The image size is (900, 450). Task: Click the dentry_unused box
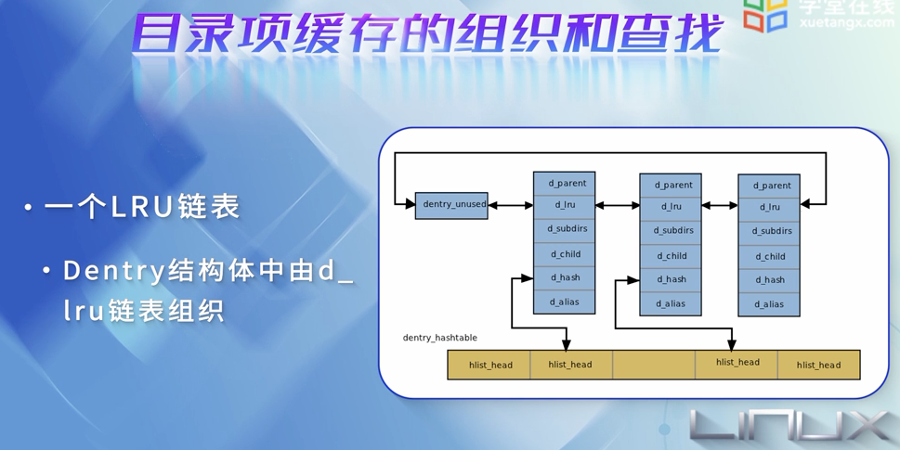pyautogui.click(x=451, y=205)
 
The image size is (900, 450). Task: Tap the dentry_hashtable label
pyautogui.click(x=439, y=338)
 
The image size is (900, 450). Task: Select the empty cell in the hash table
pyautogui.click(x=653, y=365)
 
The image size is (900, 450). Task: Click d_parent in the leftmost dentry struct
pyautogui.click(x=565, y=184)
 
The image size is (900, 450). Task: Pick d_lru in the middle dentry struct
pyautogui.click(x=671, y=207)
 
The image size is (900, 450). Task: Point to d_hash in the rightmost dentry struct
pyautogui.click(x=769, y=279)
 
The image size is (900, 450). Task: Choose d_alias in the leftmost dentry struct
pyautogui.click(x=565, y=302)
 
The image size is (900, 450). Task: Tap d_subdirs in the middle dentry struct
pyautogui.click(x=671, y=231)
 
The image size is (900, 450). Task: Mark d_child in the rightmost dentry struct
pyautogui.click(x=769, y=256)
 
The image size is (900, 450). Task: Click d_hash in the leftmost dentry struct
pyautogui.click(x=565, y=277)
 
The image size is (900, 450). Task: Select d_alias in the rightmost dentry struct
pyautogui.click(x=769, y=304)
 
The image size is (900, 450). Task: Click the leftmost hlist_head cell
pyautogui.click(x=489, y=365)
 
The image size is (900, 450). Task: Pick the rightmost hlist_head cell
pyautogui.click(x=818, y=365)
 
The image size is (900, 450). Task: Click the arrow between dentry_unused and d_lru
pyautogui.click(x=510, y=205)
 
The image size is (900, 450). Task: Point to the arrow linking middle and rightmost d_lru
pyautogui.click(x=720, y=206)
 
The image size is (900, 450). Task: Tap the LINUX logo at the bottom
pyautogui.click(x=789, y=426)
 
